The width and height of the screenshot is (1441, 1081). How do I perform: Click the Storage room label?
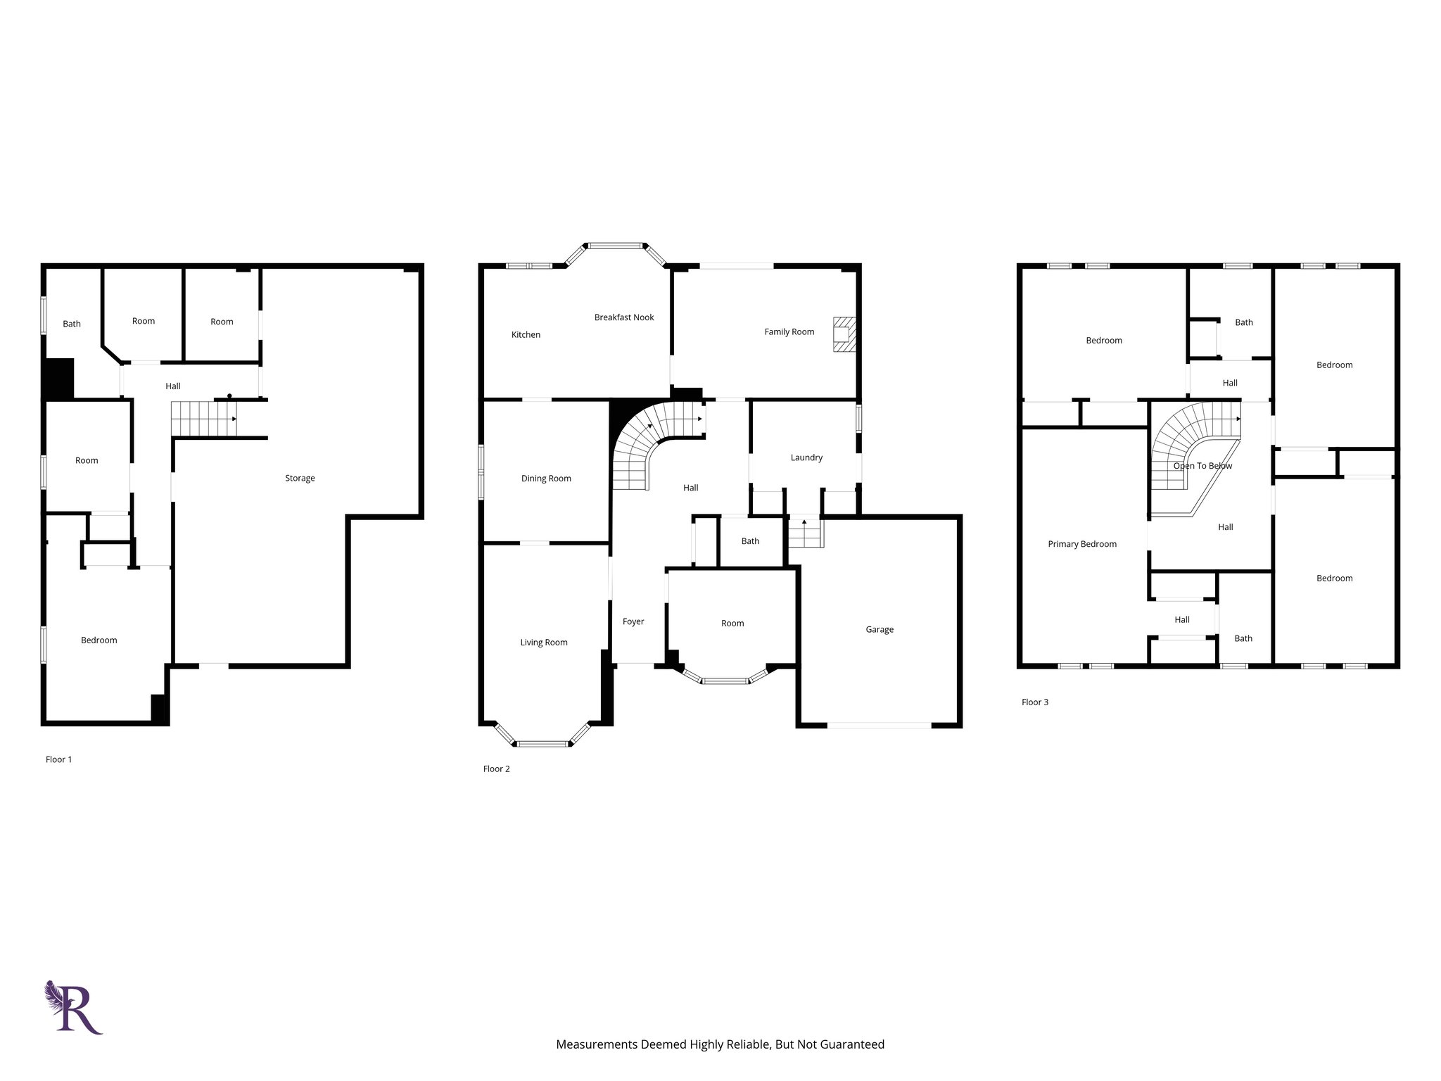click(300, 478)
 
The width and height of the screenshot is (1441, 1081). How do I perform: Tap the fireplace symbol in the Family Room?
click(844, 334)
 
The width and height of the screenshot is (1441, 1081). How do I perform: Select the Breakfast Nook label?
click(623, 317)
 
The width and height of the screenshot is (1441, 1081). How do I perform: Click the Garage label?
click(880, 629)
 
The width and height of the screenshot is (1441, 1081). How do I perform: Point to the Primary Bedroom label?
click(1081, 544)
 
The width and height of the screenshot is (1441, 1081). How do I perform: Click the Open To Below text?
click(1202, 466)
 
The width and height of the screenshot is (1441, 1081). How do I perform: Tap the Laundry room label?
click(806, 457)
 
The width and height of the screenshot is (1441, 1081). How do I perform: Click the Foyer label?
click(633, 621)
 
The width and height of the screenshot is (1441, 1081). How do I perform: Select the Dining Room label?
click(546, 479)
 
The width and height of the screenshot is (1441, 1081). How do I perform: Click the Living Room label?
click(543, 643)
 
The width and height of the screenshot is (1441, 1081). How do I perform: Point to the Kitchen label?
click(526, 335)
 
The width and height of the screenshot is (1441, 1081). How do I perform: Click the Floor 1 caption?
click(58, 759)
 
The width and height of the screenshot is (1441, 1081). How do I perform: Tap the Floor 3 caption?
click(1034, 702)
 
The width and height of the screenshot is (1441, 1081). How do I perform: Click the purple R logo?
click(74, 1007)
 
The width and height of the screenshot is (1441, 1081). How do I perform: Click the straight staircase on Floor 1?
click(204, 419)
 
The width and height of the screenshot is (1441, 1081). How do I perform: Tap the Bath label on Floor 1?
click(72, 324)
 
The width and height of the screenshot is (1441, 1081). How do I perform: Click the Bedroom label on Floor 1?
click(99, 640)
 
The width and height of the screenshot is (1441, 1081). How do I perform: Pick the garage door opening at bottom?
click(880, 725)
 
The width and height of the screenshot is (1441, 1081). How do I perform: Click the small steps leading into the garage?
click(804, 533)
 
